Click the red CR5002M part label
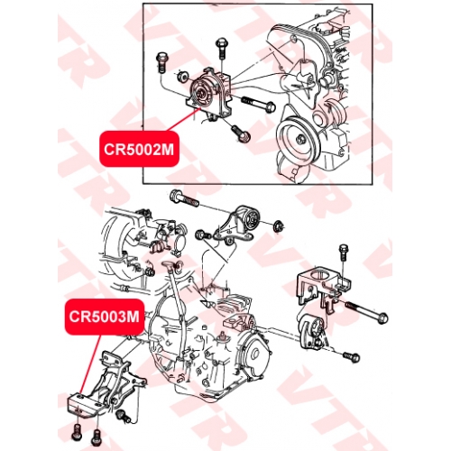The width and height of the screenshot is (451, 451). point(139,149)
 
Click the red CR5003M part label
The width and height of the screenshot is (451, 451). point(105,317)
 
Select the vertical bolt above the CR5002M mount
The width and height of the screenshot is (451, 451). point(221,49)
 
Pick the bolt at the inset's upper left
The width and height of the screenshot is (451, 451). point(161,63)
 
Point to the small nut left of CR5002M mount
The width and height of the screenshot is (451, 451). point(181,76)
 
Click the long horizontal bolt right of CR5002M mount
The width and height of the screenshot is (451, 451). point(258,104)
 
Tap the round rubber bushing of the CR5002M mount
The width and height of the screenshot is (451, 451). point(201,93)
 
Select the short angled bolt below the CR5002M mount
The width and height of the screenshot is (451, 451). point(241,133)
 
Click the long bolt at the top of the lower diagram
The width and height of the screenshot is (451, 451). point(184,198)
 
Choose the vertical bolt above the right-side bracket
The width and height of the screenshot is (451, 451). point(343,253)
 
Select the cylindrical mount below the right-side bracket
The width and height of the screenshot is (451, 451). point(313,332)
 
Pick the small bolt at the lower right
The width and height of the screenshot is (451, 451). point(351,357)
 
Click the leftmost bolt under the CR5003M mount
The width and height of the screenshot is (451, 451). point(77,431)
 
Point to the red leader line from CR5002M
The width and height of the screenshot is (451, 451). point(184,121)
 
